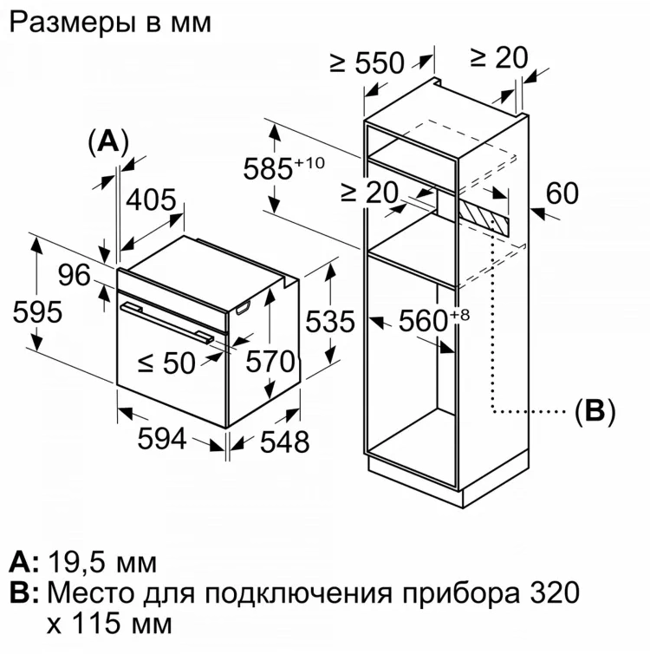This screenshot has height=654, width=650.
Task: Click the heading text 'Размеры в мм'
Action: pos(110,23)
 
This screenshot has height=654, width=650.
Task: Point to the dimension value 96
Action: pos(75,275)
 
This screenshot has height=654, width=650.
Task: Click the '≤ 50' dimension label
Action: pos(167,363)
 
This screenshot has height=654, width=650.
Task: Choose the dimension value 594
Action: pos(162,439)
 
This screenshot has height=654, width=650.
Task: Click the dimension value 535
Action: pos(330,321)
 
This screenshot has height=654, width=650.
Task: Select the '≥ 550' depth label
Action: pos(367,62)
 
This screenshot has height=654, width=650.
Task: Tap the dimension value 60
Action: pos(562,193)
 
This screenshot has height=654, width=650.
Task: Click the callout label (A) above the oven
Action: pos(107,141)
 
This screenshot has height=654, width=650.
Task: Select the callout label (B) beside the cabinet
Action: pos(594,410)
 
